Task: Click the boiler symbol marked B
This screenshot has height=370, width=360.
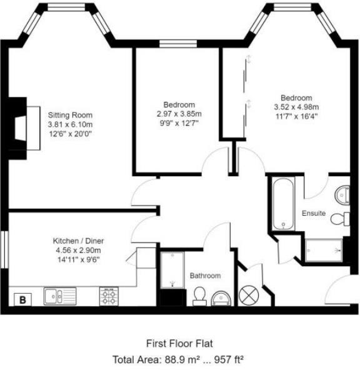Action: (x=22, y=299)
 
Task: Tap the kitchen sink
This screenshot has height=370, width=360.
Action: (x=60, y=296)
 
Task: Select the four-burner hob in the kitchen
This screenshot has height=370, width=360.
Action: (x=109, y=296)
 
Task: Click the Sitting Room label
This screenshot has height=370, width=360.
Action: (x=70, y=115)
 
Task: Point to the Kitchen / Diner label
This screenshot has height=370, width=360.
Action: (x=78, y=241)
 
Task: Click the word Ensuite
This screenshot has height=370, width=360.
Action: (x=314, y=213)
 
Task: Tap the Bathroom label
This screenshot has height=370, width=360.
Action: (x=205, y=276)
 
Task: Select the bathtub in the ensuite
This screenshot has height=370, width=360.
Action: (x=283, y=204)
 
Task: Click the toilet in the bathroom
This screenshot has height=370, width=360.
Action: (x=199, y=296)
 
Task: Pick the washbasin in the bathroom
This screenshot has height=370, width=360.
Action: (x=221, y=299)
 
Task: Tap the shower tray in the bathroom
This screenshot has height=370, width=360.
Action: (x=172, y=270)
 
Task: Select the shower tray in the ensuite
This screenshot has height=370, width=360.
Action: (x=324, y=251)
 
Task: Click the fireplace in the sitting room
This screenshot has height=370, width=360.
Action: (x=24, y=128)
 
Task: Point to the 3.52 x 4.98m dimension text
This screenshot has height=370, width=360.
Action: (x=296, y=107)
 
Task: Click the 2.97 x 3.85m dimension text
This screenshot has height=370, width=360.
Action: (x=179, y=114)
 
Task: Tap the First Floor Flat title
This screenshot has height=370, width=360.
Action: (x=179, y=344)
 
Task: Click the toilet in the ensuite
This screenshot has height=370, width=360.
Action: (x=340, y=219)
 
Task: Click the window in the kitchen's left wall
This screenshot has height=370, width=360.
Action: (x=4, y=249)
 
